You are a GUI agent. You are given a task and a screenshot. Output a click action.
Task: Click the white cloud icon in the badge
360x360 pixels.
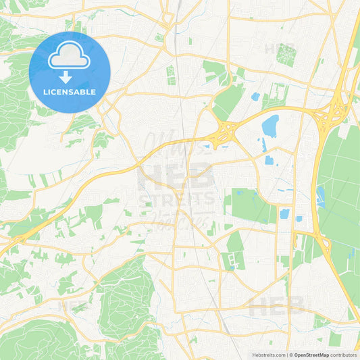(70, 59)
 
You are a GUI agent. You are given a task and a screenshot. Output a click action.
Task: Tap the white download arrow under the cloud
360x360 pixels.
(66, 76)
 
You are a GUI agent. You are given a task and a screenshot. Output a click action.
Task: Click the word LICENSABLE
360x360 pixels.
(70, 92)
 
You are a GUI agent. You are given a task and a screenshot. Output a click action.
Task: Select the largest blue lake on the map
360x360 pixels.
(270, 126)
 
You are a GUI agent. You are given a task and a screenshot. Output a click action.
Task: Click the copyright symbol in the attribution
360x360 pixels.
(291, 355)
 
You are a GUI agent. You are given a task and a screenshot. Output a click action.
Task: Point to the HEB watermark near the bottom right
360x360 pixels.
(277, 307)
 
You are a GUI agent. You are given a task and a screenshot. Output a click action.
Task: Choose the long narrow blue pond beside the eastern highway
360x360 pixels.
(321, 197)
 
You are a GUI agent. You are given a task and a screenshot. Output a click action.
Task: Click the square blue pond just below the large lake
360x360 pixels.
(269, 160)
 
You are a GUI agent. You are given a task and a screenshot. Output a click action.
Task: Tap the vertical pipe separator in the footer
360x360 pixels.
(287, 355)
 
